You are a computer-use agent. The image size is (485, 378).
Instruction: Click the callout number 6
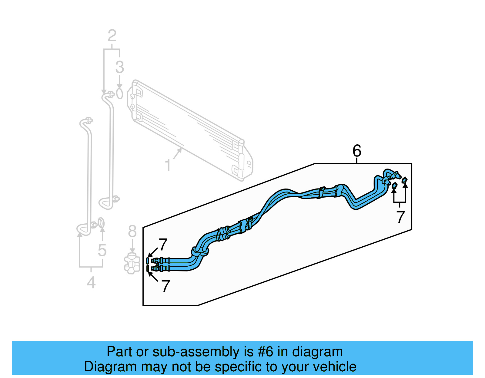[x=357, y=151]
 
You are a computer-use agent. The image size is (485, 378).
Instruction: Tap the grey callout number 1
[x=168, y=166]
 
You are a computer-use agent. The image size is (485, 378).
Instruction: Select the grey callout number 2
[x=112, y=36]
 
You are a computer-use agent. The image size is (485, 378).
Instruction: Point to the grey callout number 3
[x=119, y=67]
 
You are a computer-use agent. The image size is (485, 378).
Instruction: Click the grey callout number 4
[x=91, y=283]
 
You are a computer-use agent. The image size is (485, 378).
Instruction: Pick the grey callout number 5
[x=102, y=250]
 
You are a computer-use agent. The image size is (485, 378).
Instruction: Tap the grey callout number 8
[x=132, y=232]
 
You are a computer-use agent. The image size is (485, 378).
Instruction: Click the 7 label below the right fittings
[x=400, y=217]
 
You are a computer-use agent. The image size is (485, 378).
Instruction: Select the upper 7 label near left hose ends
[x=163, y=245]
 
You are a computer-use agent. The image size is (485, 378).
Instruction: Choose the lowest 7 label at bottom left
[x=165, y=286]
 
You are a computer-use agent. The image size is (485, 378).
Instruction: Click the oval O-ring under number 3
[x=119, y=94]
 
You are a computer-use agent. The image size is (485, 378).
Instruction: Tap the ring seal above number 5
[x=102, y=223]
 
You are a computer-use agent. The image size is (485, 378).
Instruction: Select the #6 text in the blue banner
[x=266, y=352]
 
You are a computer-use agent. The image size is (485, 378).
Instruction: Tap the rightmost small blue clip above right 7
[x=405, y=180]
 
